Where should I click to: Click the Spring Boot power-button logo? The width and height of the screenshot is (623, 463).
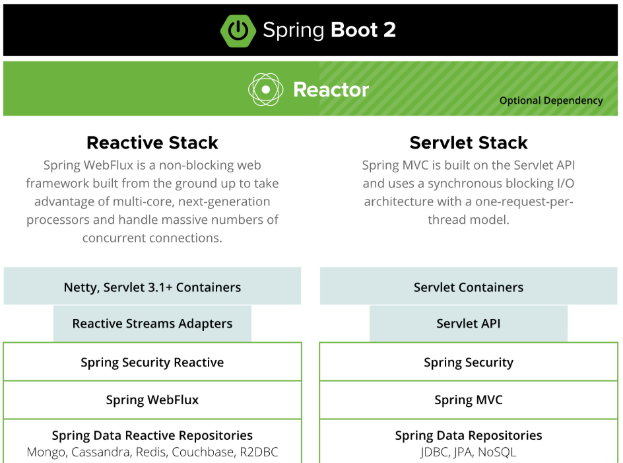pos(238,30)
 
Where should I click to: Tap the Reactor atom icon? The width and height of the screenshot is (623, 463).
pos(265,90)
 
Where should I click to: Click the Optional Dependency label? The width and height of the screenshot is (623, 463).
pos(551,100)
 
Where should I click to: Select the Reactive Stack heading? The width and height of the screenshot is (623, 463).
pos(152,143)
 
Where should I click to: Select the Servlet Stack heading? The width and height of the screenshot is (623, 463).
pos(469,143)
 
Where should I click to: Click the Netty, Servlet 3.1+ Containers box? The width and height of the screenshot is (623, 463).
pos(152,286)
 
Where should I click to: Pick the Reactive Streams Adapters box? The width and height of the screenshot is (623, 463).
pos(152,324)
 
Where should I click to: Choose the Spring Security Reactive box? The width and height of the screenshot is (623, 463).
pos(152,361)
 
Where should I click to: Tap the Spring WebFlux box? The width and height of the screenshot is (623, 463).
pos(152,400)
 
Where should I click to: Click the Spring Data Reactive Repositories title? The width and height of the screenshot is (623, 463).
pos(152,435)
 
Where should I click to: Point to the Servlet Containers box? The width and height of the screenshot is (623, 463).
pos(469,286)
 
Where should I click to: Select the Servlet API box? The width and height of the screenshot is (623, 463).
pos(469,324)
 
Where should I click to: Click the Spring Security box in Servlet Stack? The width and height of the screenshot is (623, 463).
pos(469,361)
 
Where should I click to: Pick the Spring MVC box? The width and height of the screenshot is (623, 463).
pos(469,400)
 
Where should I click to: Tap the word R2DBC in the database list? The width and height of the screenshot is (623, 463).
pos(259,452)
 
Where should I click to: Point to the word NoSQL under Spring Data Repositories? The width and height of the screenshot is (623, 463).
pos(497,452)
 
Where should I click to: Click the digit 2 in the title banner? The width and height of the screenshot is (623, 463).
pos(389,30)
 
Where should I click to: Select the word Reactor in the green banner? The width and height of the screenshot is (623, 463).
pos(331,90)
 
